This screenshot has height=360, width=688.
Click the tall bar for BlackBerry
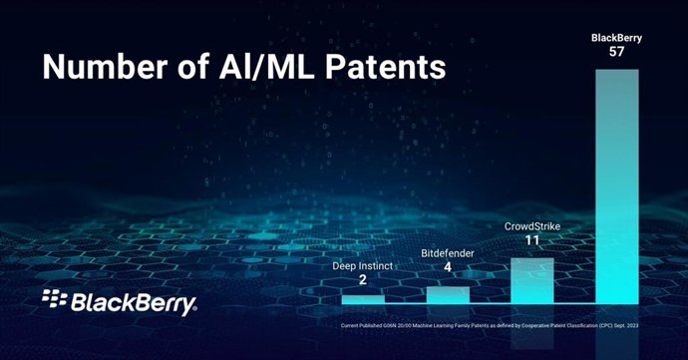pyautogui.click(x=616, y=185)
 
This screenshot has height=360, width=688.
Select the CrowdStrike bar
pyautogui.click(x=531, y=280)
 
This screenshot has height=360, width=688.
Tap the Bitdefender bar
pyautogui.click(x=448, y=295)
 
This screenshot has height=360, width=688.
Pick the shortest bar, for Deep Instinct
pyautogui.click(x=362, y=299)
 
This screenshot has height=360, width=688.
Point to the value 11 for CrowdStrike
pyautogui.click(x=531, y=240)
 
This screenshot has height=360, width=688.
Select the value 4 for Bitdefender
pyautogui.click(x=448, y=269)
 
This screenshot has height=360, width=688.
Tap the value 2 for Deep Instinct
pyautogui.click(x=362, y=280)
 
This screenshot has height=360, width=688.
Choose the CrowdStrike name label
pyautogui.click(x=531, y=225)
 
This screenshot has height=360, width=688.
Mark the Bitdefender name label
pyautogui.click(x=448, y=254)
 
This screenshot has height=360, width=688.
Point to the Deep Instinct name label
pyautogui.click(x=362, y=265)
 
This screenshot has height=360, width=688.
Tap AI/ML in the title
pyautogui.click(x=262, y=69)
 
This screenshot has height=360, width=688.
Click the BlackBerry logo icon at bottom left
pyautogui.click(x=54, y=298)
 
